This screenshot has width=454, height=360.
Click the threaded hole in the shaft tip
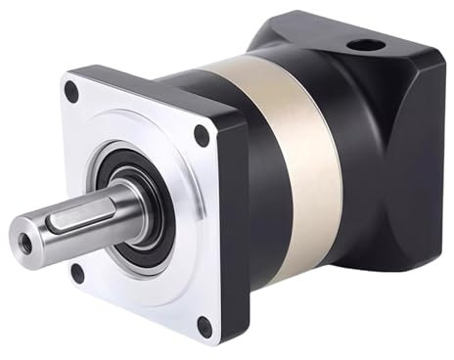22,237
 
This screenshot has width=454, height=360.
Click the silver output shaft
59,229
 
